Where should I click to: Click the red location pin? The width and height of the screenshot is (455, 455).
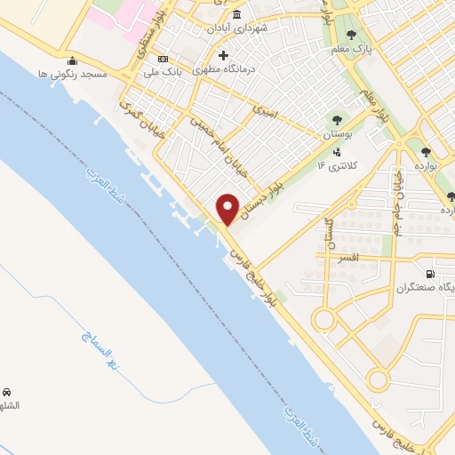(228, 209)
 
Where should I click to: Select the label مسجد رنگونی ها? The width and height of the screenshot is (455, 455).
(74, 75)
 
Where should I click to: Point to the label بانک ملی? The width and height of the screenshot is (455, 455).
(163, 71)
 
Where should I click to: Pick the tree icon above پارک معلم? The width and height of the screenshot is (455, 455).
(351, 35)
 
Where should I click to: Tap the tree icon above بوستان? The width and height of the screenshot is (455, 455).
(336, 120)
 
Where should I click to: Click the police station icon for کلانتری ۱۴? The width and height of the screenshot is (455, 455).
(335, 152)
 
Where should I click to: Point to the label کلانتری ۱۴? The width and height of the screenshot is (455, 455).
(334, 165)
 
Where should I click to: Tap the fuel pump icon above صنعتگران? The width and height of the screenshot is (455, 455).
(431, 274)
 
